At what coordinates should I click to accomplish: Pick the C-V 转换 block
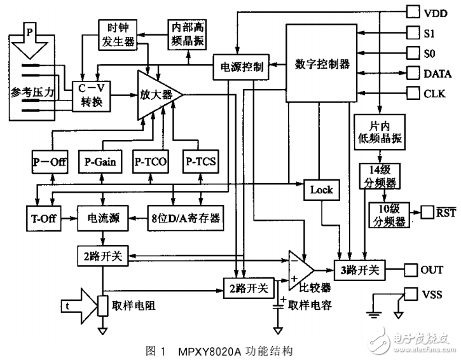[88, 95]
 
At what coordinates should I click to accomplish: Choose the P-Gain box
[100, 162]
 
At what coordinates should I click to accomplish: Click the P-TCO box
[151, 162]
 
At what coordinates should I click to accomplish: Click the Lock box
[321, 189]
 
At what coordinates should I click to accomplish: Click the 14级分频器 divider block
[379, 176]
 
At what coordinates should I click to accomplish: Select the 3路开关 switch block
[358, 270]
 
